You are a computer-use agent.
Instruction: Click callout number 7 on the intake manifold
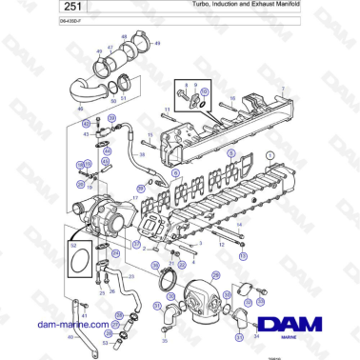click(x=281, y=89)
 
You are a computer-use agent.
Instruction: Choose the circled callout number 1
click(x=270, y=153)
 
